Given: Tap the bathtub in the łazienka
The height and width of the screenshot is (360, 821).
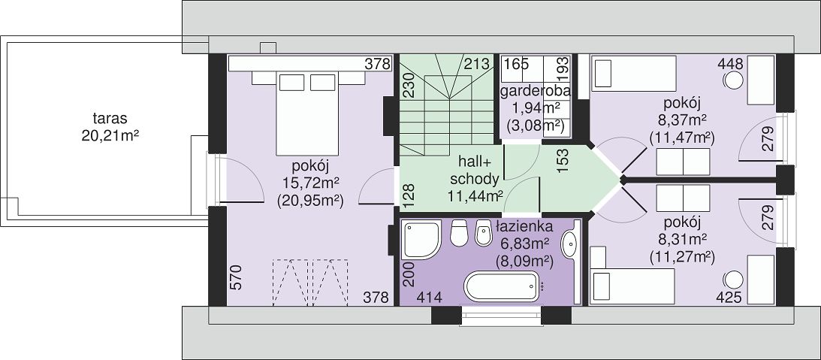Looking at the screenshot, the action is [x=502, y=286].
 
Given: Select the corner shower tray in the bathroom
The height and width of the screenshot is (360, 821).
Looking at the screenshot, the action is [x=421, y=240].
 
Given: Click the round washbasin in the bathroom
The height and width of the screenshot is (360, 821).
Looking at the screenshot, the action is [x=569, y=244].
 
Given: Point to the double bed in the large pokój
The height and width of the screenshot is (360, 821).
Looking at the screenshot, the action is [x=306, y=113].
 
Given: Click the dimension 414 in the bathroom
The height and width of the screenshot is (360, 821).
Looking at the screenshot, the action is [x=430, y=298].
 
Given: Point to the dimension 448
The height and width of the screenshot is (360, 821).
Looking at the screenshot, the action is [x=731, y=65].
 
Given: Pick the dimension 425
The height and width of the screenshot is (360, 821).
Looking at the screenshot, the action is [x=729, y=298].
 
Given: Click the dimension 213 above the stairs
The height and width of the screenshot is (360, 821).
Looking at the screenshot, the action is [x=476, y=65].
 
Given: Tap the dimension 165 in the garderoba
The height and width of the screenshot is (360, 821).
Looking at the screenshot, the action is [x=516, y=65].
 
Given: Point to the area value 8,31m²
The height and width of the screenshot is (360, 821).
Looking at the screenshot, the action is [x=682, y=240].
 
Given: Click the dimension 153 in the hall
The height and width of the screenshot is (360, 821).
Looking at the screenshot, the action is [x=563, y=163].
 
